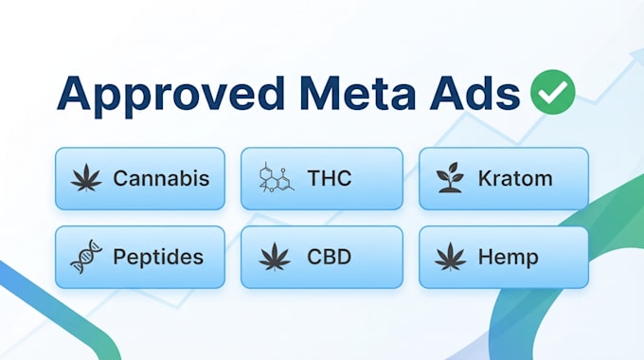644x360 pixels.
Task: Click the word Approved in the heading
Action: coord(170,95)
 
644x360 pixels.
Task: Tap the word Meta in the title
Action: coord(357,93)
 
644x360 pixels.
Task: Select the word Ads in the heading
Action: coord(474,93)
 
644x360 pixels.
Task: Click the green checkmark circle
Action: coord(553,92)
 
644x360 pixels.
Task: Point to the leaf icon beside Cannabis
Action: coord(86,177)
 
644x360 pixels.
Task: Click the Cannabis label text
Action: coord(161,178)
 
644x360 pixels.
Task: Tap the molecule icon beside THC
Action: coord(276,177)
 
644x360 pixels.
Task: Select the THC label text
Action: coord(330,178)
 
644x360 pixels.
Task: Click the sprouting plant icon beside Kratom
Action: coord(451,177)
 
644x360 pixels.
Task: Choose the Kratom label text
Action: coord(515,178)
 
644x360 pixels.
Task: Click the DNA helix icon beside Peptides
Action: coord(86,257)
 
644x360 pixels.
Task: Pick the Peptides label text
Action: coord(158,258)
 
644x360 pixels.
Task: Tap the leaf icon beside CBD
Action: coord(275,257)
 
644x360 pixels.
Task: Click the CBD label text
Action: coord(330,257)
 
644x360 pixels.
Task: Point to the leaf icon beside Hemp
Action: coord(451,257)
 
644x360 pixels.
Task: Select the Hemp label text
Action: coord(509,258)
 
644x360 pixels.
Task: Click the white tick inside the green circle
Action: coord(553,92)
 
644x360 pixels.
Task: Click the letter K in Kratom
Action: coord(486,178)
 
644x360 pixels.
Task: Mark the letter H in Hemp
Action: coord(486,257)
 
